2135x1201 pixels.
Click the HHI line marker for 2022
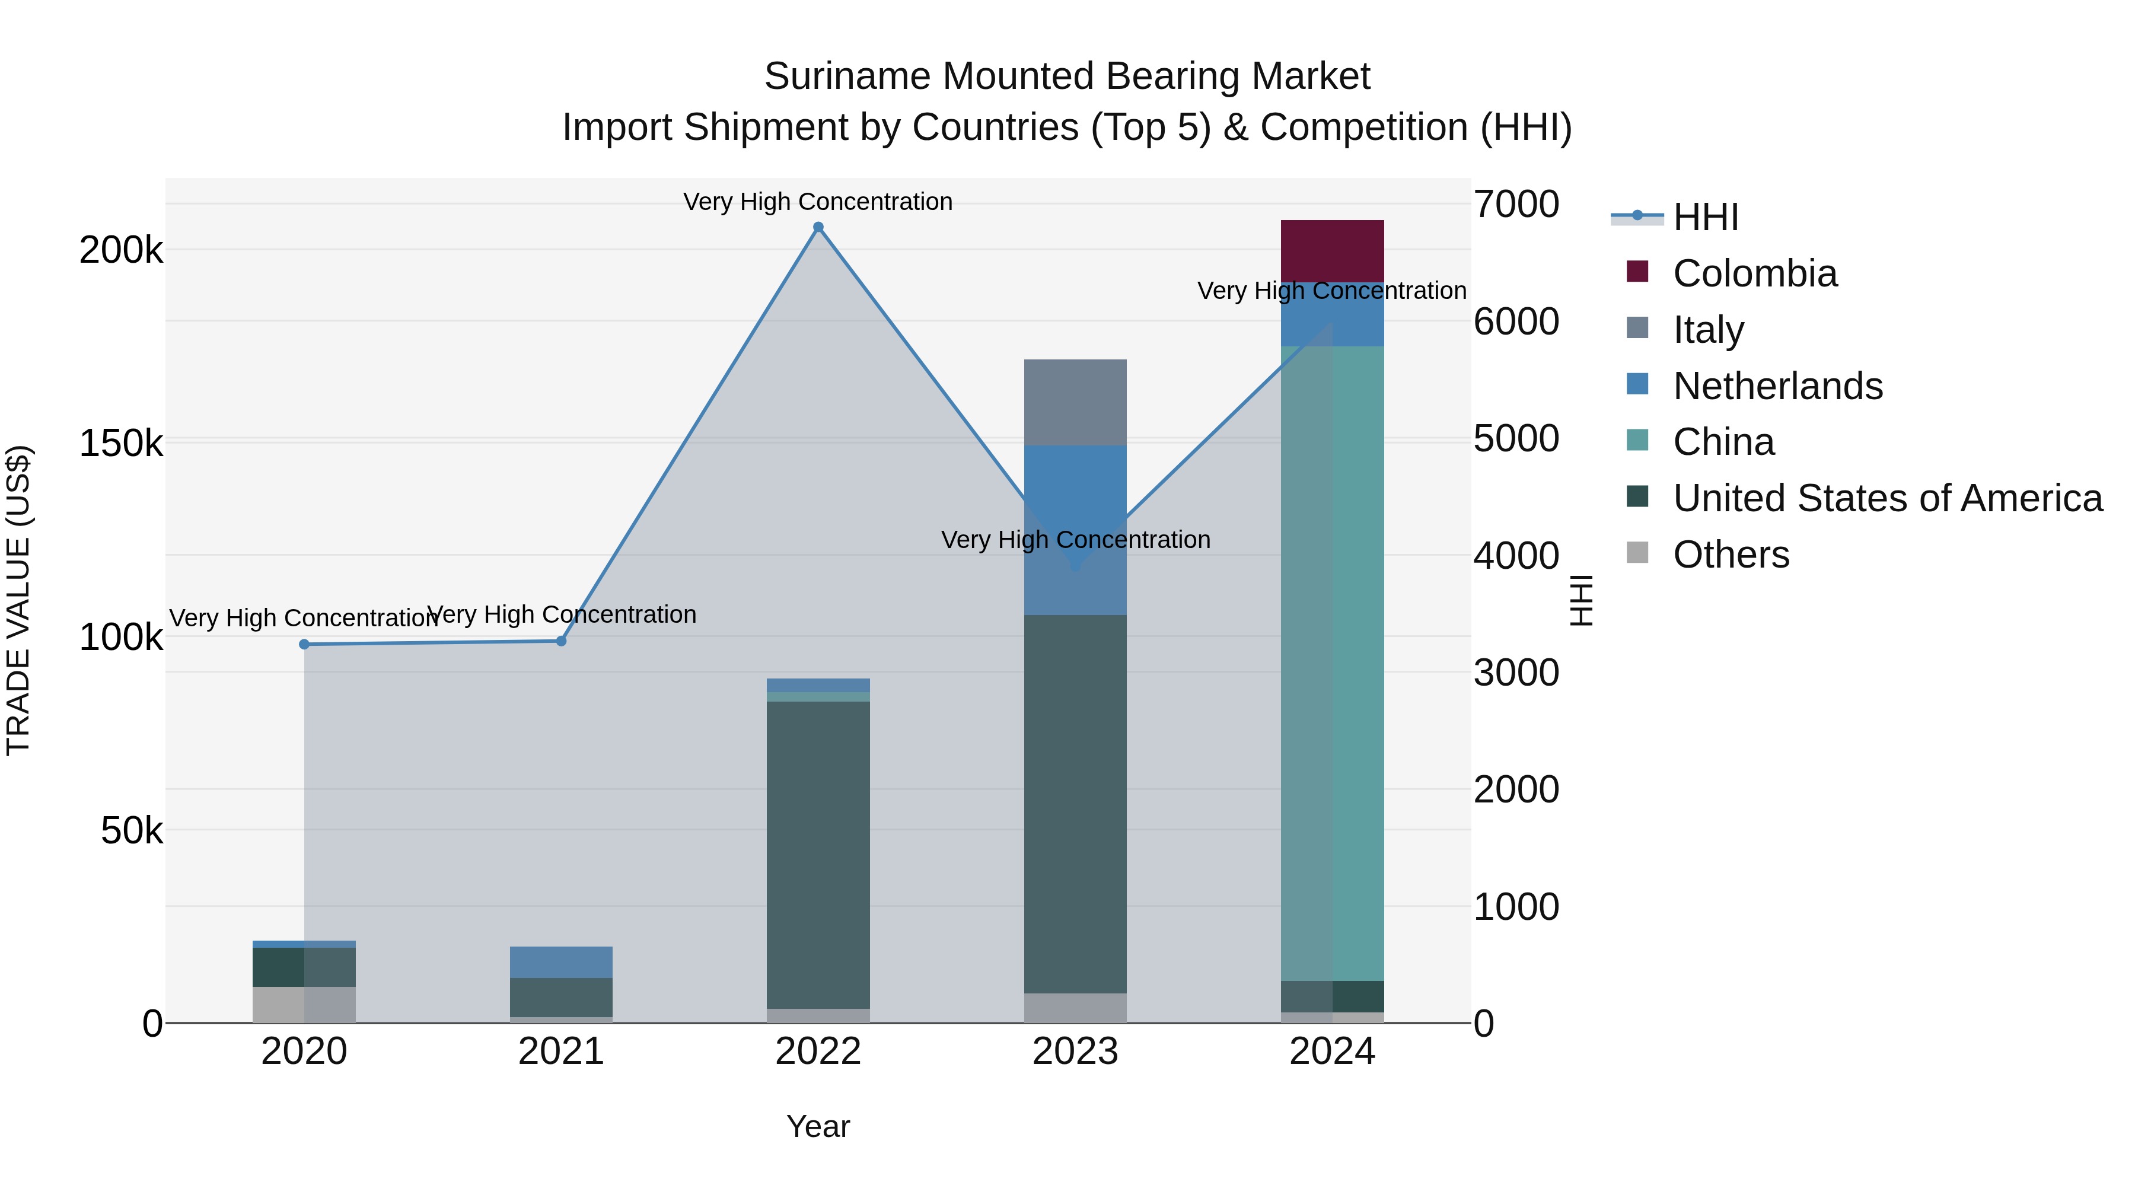click(x=818, y=227)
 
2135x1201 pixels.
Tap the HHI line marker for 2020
click(x=304, y=644)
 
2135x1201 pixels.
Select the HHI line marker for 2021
click(x=561, y=641)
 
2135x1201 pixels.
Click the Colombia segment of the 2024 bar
click(x=1332, y=250)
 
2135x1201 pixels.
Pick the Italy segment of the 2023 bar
click(x=1075, y=402)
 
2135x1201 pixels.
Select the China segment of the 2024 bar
click(x=1332, y=663)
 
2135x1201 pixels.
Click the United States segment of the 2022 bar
click(x=818, y=853)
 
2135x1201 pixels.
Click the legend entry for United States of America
click(x=1887, y=498)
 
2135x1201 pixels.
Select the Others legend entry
click(x=1731, y=555)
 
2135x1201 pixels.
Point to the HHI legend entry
click(x=1705, y=217)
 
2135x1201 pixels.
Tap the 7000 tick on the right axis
click(x=1516, y=204)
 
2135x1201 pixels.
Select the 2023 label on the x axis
click(x=1075, y=1052)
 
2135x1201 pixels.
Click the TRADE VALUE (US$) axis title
click(x=18, y=600)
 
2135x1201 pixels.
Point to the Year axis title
click(x=818, y=1126)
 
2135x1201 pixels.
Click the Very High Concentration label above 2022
click(x=818, y=202)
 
